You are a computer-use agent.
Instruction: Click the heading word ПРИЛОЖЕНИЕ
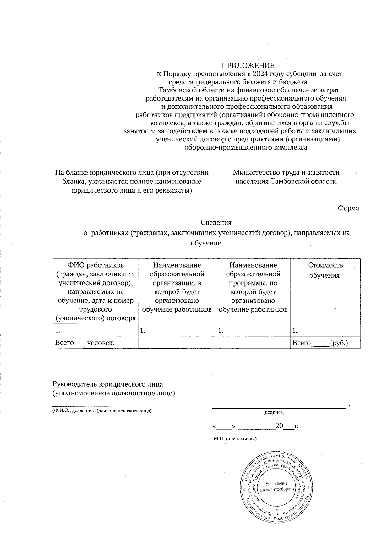click(248, 66)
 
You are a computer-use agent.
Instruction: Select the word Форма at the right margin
click(348, 208)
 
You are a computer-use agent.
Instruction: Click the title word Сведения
click(216, 223)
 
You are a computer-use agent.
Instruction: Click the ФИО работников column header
click(96, 291)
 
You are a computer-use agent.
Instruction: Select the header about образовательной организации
click(177, 287)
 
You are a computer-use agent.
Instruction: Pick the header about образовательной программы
click(253, 287)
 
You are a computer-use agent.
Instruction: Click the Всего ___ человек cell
click(85, 343)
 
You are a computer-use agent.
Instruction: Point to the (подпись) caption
click(274, 412)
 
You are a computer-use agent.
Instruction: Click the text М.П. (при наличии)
click(235, 439)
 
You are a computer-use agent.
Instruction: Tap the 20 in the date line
click(279, 426)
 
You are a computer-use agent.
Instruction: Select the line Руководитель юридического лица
click(107, 384)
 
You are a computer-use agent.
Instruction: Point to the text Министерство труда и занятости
click(286, 172)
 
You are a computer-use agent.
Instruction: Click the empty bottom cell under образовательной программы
click(253, 343)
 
